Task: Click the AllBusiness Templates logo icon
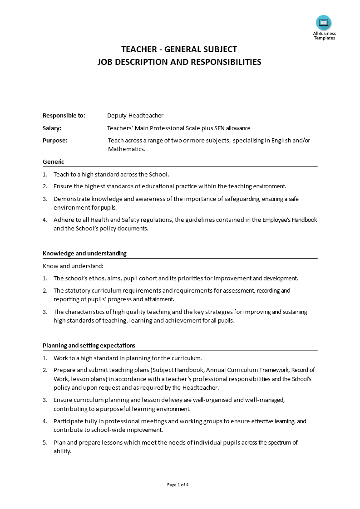coord(324,23)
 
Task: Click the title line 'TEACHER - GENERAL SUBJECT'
coord(179,49)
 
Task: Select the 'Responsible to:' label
coord(64,116)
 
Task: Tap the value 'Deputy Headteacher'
coord(135,116)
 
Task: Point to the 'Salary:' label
coord(52,128)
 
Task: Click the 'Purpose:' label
coord(55,141)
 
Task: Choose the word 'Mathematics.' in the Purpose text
coord(126,149)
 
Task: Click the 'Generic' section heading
coord(54,162)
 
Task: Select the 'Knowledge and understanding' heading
coord(84,254)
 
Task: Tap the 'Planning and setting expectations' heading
coord(89,346)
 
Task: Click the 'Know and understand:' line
coord(73,266)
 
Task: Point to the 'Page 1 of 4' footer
coord(178,485)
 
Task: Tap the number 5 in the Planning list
coord(44,443)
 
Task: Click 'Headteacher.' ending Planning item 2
coord(201,388)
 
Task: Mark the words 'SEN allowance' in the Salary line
coord(232,128)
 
